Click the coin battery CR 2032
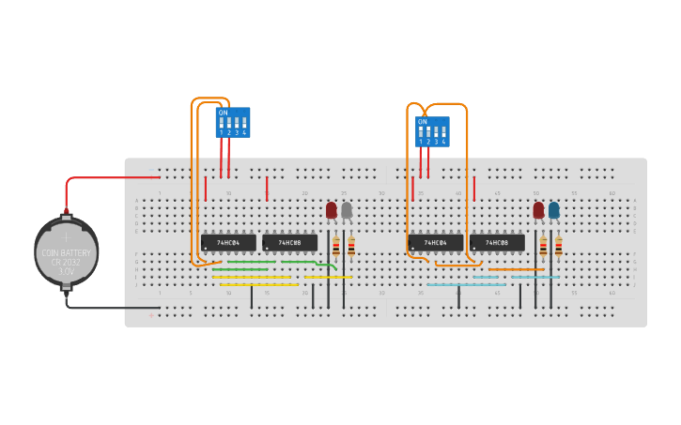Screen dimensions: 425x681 click(x=66, y=251)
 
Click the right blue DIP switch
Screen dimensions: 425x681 click(x=433, y=132)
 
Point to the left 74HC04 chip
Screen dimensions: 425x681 click(x=228, y=242)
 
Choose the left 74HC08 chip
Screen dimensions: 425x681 click(x=289, y=242)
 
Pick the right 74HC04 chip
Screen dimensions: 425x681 click(x=435, y=242)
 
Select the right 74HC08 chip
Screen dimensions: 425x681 click(x=497, y=242)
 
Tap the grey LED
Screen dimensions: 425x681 click(x=347, y=210)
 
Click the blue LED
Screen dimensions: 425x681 click(x=554, y=210)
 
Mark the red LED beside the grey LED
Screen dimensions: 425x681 click(x=332, y=210)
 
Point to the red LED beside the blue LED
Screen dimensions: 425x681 click(x=538, y=210)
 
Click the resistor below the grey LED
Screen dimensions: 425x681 click(x=351, y=247)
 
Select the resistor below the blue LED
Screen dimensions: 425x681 click(x=558, y=247)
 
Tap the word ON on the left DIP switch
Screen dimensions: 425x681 click(x=223, y=113)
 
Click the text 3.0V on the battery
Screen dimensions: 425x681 click(x=66, y=271)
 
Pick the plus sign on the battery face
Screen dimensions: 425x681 click(x=66, y=236)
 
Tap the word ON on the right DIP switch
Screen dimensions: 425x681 click(x=423, y=122)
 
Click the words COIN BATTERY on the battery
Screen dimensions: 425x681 click(x=66, y=253)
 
